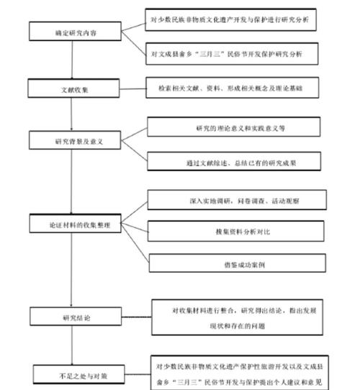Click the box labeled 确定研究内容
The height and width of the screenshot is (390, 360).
pos(70,32)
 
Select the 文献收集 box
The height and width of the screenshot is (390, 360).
pos(70,89)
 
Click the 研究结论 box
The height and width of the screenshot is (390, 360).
pos(70,316)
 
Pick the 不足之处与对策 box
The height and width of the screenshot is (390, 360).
pos(70,374)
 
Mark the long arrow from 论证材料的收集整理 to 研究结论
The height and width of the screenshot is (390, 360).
pos(70,270)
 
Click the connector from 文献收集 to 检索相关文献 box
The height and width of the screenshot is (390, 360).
pos(127,90)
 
